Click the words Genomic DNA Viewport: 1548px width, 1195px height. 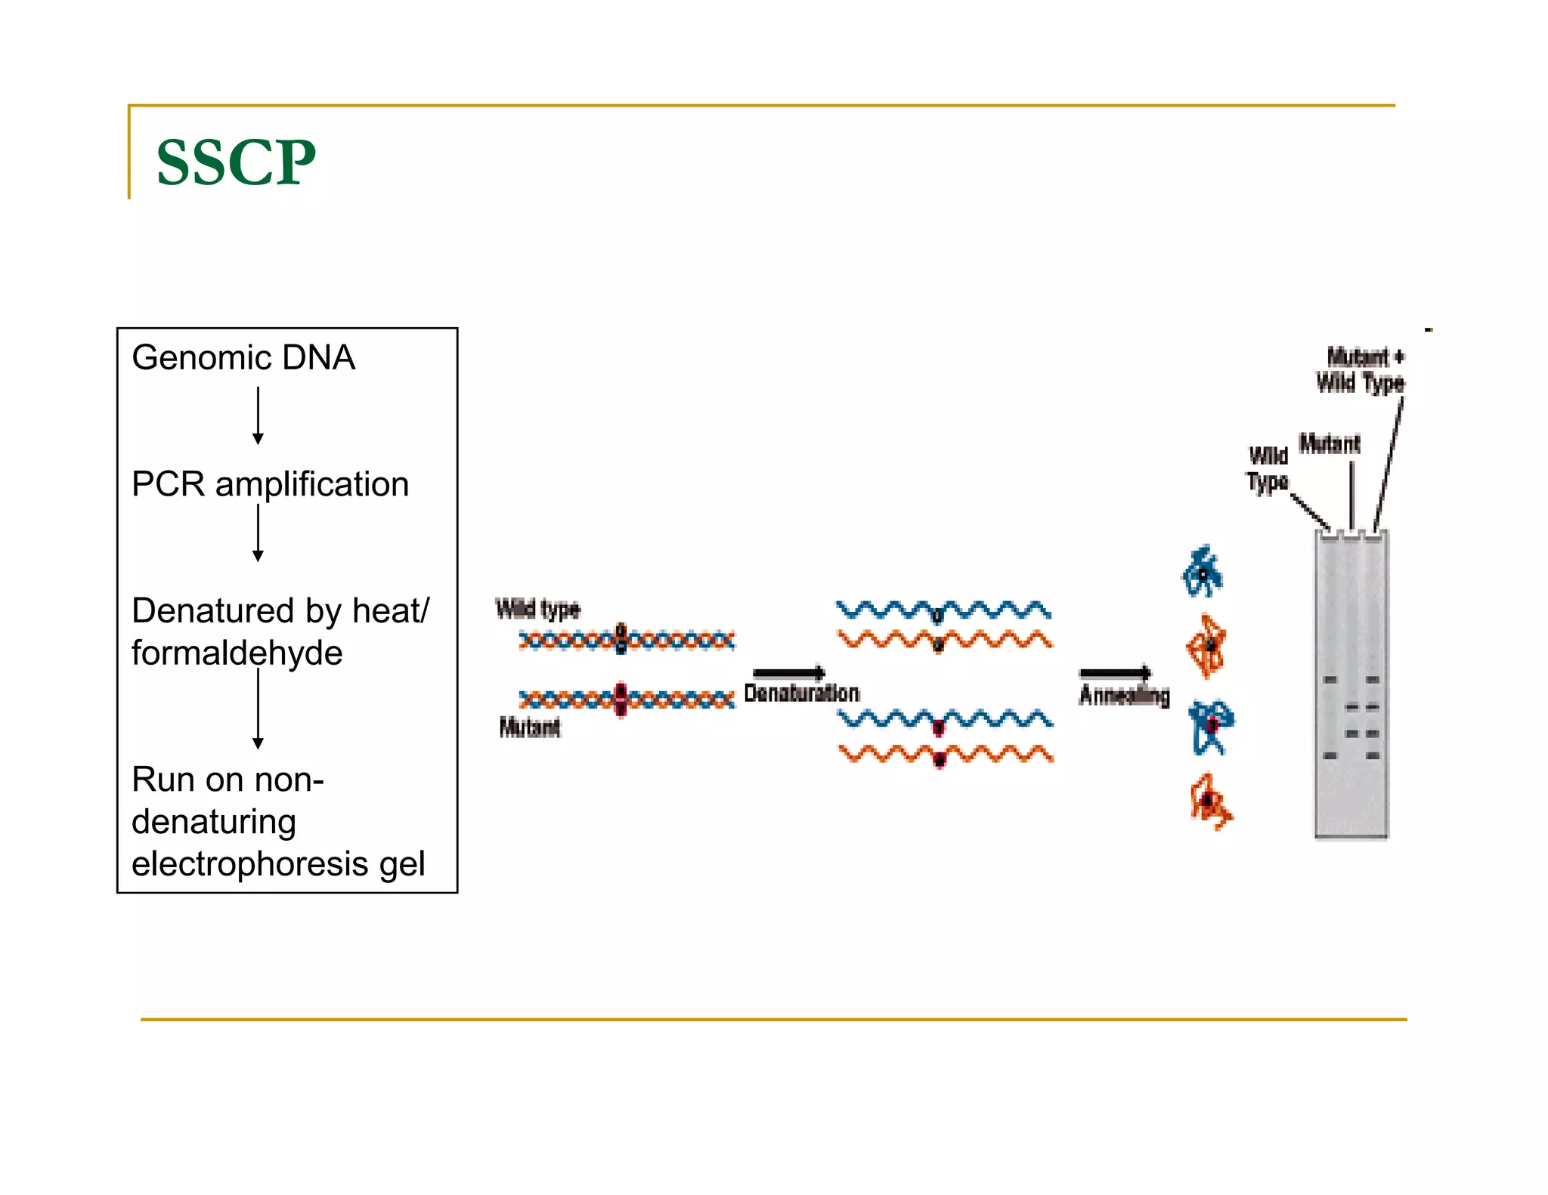pyautogui.click(x=243, y=357)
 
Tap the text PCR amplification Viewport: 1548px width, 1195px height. pyautogui.click(x=270, y=484)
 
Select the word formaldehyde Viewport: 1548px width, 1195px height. pyautogui.click(x=237, y=653)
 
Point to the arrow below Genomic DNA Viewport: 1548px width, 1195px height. pyautogui.click(x=258, y=415)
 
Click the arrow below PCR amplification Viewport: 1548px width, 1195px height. pyautogui.click(x=258, y=533)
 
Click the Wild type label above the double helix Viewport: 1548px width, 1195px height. pyautogui.click(x=537, y=609)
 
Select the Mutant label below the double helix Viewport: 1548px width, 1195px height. pyautogui.click(x=529, y=727)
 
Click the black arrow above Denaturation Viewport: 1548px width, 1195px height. pyautogui.click(x=788, y=673)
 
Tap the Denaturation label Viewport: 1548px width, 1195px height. pyautogui.click(x=801, y=693)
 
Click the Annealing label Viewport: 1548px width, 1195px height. pyautogui.click(x=1124, y=696)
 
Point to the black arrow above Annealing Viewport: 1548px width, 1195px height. pyautogui.click(x=1115, y=672)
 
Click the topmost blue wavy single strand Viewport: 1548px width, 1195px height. pyautogui.click(x=943, y=610)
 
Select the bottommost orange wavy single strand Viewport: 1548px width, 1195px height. pyautogui.click(x=946, y=754)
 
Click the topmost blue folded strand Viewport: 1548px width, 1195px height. pyautogui.click(x=1202, y=572)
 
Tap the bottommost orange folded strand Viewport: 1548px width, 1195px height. pyautogui.click(x=1210, y=801)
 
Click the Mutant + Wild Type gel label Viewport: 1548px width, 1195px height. pyautogui.click(x=1361, y=370)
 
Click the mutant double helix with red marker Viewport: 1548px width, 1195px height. pyautogui.click(x=626, y=700)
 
